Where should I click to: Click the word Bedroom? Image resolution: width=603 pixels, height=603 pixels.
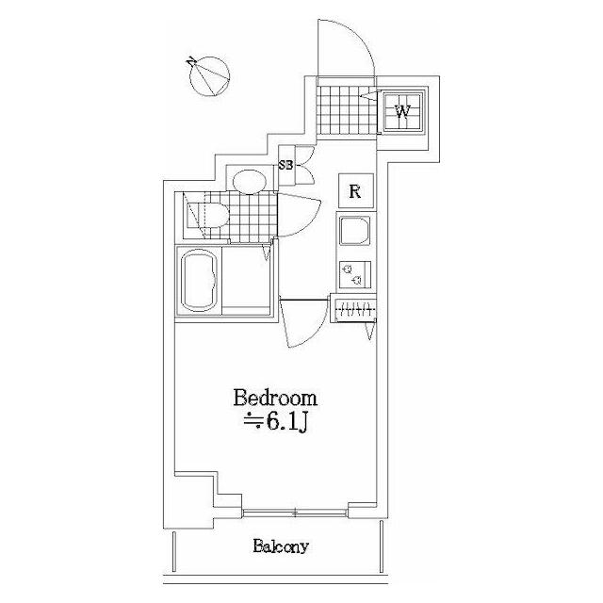275,399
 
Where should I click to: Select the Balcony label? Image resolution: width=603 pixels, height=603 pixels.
281,546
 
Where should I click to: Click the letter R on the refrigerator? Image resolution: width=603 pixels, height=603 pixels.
356,191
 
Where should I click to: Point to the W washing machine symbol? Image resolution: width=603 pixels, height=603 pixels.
402,112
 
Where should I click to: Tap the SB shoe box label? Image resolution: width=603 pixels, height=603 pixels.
285,166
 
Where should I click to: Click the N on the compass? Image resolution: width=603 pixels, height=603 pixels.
191,61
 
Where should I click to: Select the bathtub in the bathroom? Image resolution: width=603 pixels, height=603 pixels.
200,281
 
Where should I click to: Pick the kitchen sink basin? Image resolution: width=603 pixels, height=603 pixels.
354,230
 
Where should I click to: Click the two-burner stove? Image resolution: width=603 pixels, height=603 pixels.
354,274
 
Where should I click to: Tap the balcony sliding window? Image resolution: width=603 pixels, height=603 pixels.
295,513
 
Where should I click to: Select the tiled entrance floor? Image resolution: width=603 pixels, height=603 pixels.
346,110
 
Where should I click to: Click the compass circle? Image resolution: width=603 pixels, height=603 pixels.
210,76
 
